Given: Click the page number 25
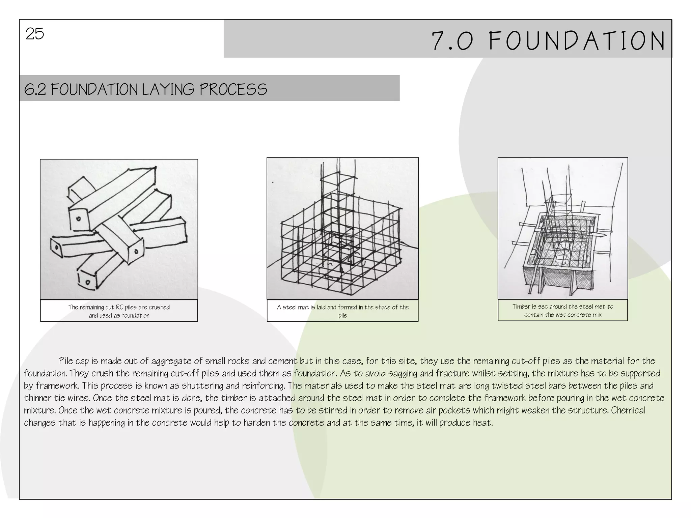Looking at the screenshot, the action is click(x=35, y=34).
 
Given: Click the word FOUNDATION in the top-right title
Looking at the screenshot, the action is click(x=577, y=41).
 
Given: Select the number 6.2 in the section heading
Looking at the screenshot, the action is click(x=35, y=90).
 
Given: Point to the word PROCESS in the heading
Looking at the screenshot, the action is click(x=233, y=90).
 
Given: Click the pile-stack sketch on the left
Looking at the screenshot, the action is click(x=119, y=229).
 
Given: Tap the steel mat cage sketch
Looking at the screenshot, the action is click(x=342, y=228).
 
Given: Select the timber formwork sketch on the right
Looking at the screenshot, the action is click(x=563, y=228).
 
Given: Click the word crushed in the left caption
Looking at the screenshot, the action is click(x=159, y=307).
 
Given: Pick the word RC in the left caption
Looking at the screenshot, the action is click(x=119, y=307).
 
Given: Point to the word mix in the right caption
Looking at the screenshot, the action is click(x=597, y=315).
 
